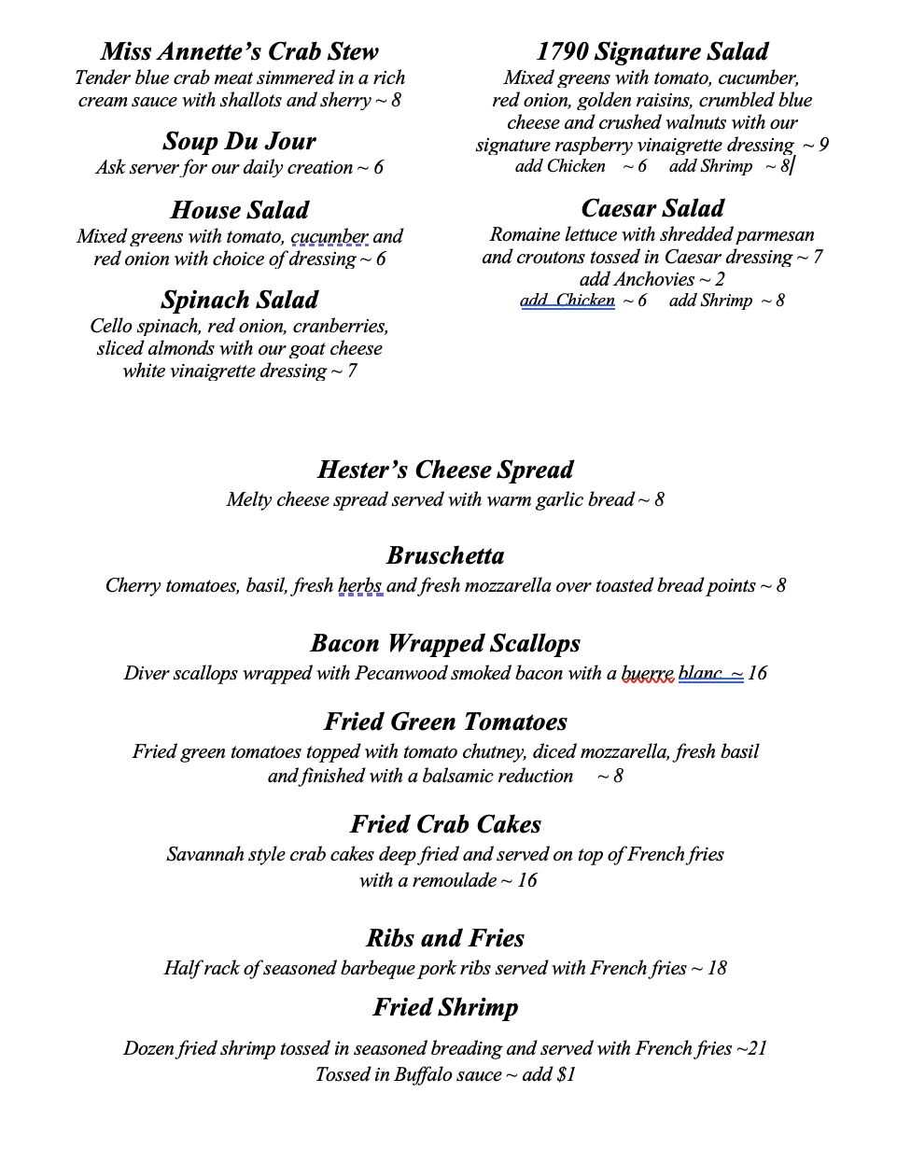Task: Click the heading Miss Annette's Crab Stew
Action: pyautogui.click(x=239, y=51)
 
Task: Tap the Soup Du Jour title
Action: pyautogui.click(x=239, y=141)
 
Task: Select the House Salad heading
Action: pyautogui.click(x=239, y=210)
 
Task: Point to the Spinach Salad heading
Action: pyautogui.click(x=239, y=300)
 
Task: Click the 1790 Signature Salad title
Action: pyautogui.click(x=652, y=51)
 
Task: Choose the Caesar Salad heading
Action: pyautogui.click(x=652, y=208)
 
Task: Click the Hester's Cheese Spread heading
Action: pyautogui.click(x=445, y=469)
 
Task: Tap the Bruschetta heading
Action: pyautogui.click(x=445, y=555)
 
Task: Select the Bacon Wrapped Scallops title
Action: pyautogui.click(x=445, y=643)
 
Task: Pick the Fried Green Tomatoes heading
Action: pyautogui.click(x=445, y=722)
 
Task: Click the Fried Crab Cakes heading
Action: pyautogui.click(x=445, y=824)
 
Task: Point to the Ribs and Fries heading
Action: pyautogui.click(x=445, y=938)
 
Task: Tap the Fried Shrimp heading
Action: pyautogui.click(x=445, y=1007)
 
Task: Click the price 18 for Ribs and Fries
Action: pyautogui.click(x=717, y=968)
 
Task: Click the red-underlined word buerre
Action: pyautogui.click(x=647, y=673)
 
